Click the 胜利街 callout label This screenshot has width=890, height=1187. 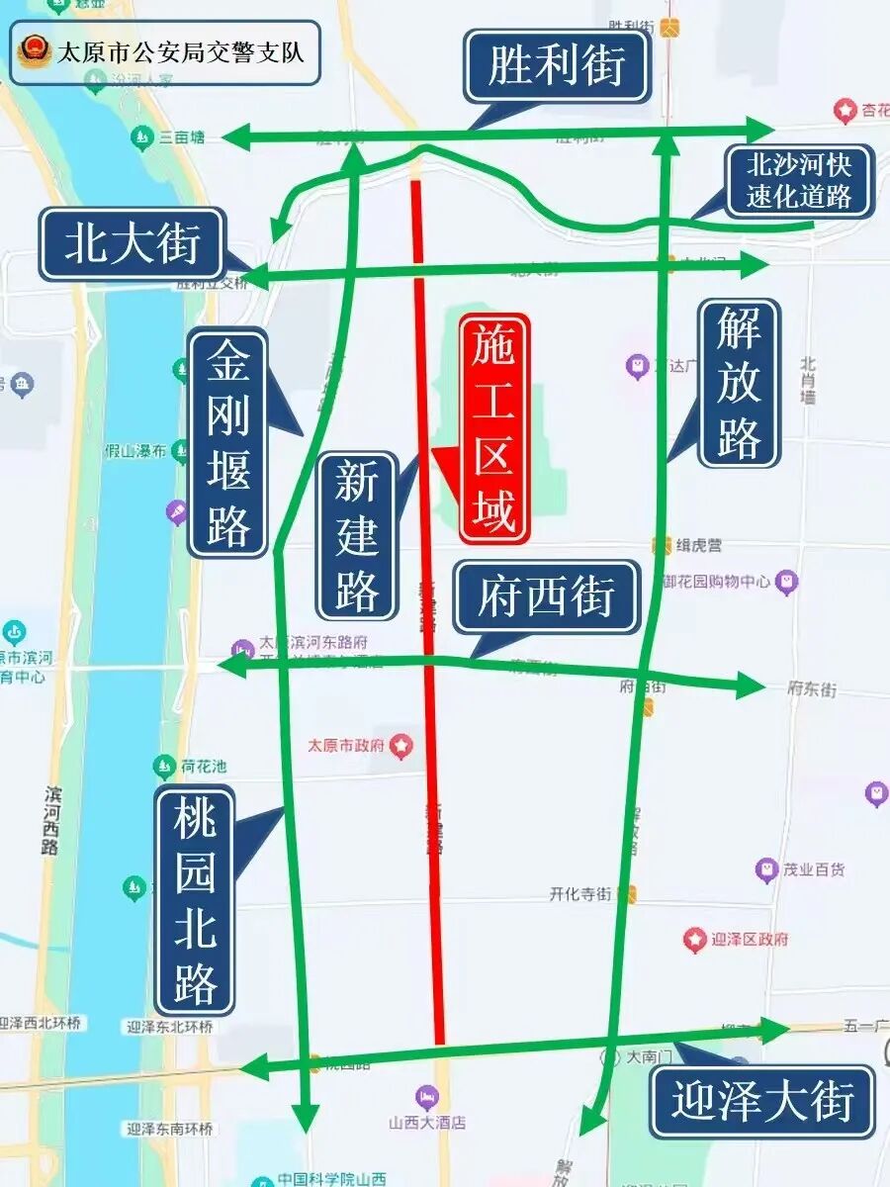tap(557, 67)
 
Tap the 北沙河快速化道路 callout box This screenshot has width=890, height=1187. tap(798, 180)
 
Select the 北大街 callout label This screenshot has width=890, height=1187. tap(133, 243)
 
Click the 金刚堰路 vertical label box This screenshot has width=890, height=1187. tap(228, 442)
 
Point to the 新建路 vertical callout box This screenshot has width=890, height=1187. tap(356, 535)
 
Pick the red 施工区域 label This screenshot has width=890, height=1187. tap(494, 428)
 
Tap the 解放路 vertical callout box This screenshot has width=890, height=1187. tap(739, 384)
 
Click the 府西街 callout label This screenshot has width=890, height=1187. tap(547, 597)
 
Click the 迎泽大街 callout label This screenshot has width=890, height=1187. tap(762, 1101)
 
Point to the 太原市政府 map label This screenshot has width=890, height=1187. tap(346, 745)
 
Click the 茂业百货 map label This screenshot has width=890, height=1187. tap(813, 870)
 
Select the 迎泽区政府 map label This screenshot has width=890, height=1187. tap(750, 939)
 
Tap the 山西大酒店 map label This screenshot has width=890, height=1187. tap(426, 1123)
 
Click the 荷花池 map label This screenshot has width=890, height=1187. tap(203, 767)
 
